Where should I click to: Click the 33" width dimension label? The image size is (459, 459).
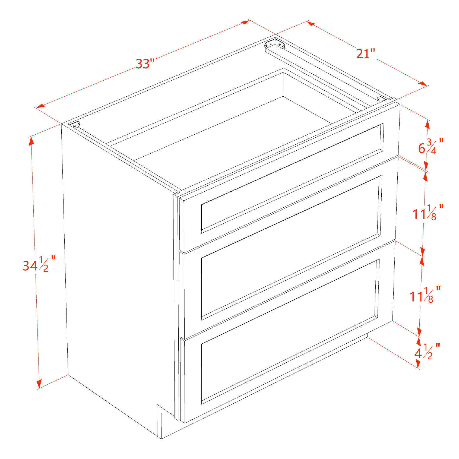coord(145,64)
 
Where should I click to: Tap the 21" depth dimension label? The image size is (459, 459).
coord(365,54)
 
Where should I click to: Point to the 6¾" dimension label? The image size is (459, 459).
coord(430,146)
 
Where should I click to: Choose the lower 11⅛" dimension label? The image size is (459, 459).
coord(425,294)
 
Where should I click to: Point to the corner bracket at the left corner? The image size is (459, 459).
coord(76,125)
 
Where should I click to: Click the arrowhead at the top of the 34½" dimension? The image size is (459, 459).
coord(31,141)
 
